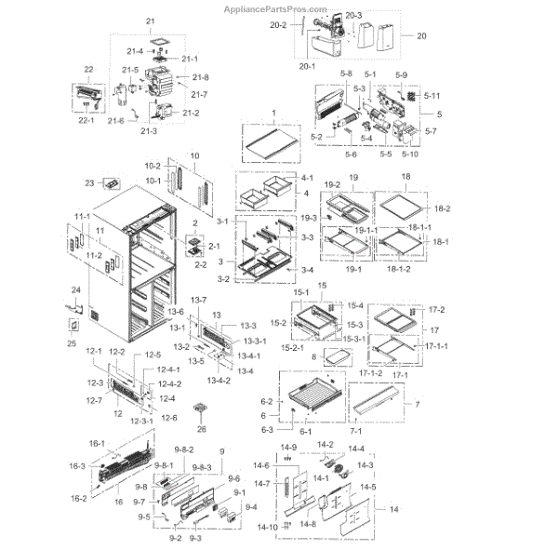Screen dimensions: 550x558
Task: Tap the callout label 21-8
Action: (200, 77)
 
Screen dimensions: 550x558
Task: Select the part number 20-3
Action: (353, 16)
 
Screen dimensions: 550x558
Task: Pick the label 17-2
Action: (436, 310)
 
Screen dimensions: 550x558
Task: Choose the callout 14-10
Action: (266, 528)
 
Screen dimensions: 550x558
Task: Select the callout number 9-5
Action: (144, 517)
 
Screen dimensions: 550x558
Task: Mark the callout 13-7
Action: (198, 299)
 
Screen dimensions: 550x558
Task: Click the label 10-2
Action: (153, 166)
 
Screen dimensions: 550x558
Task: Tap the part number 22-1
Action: (89, 119)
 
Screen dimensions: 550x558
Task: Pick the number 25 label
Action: (71, 343)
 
